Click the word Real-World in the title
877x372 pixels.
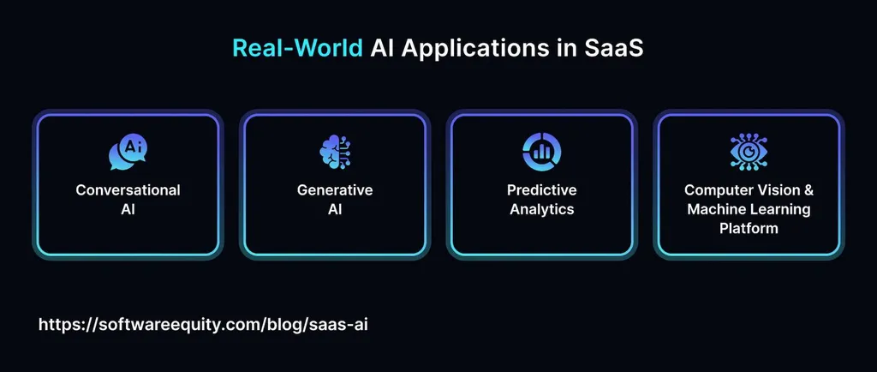point(297,49)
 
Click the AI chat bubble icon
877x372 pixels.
point(128,153)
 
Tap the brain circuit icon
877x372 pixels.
point(335,153)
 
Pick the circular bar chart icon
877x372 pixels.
point(541,152)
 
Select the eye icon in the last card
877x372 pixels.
point(749,152)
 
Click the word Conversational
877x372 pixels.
point(128,190)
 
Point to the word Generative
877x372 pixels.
point(335,190)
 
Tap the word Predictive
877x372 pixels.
point(541,190)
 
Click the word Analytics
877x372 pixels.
point(541,209)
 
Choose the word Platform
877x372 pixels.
point(749,228)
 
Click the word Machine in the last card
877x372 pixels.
point(717,209)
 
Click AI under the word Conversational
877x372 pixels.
point(128,209)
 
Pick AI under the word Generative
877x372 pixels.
point(335,209)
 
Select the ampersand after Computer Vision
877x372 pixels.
point(808,190)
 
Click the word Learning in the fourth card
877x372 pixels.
point(780,209)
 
